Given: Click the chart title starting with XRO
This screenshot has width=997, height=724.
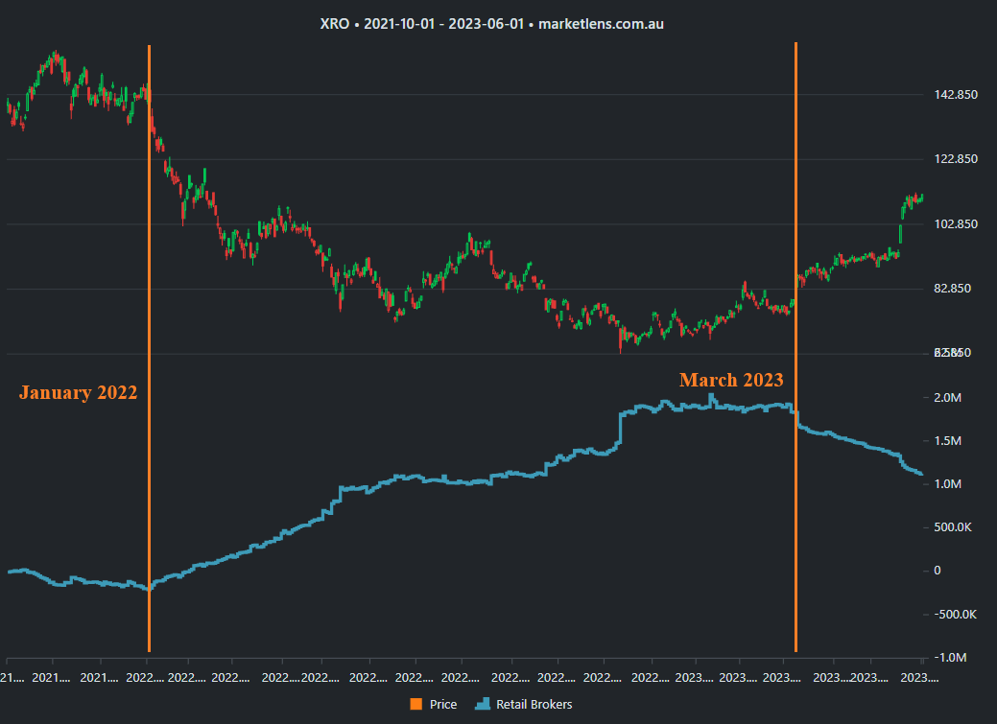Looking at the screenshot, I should click(x=491, y=23).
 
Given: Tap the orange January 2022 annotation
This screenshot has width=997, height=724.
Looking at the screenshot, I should click(x=78, y=392).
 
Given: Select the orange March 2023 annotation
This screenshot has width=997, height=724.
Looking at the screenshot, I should click(x=731, y=380).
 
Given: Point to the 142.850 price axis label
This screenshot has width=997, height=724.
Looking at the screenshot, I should click(x=955, y=94).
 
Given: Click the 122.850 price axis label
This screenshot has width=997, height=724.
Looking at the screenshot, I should click(x=955, y=159).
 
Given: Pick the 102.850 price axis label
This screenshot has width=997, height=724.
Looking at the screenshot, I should click(x=955, y=224).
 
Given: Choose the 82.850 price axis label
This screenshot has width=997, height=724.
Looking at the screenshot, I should click(x=955, y=289).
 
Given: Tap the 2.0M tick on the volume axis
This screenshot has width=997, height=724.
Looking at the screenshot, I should click(x=948, y=398).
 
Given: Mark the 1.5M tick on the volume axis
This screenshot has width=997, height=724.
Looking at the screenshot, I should click(x=948, y=441).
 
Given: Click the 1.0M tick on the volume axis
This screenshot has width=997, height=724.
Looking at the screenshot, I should click(x=948, y=484).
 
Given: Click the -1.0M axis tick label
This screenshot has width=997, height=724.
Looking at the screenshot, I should click(x=950, y=657).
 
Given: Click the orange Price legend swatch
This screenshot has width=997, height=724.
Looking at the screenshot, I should click(x=415, y=705).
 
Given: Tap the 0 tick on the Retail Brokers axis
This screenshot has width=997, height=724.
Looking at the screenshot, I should click(x=938, y=571).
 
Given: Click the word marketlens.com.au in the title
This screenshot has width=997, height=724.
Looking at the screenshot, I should click(x=601, y=23).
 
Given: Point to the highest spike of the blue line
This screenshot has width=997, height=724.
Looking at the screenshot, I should click(x=711, y=396).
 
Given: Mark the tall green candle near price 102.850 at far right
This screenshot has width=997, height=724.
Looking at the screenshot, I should click(x=900, y=234).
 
